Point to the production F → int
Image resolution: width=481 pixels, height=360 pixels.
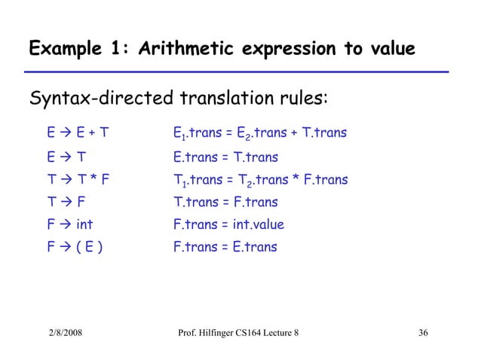[69, 224]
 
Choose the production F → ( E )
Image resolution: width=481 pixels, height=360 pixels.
[73, 247]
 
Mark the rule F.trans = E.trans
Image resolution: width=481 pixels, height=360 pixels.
[225, 247]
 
